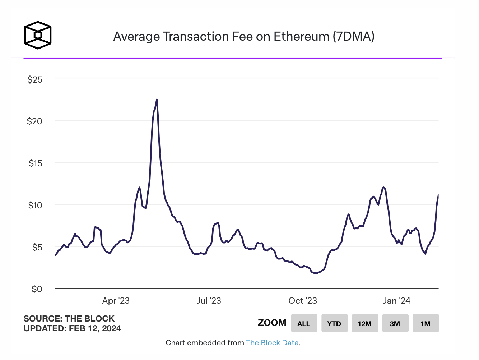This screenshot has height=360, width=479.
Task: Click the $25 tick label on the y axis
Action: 35,79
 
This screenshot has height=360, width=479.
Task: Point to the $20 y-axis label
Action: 34,121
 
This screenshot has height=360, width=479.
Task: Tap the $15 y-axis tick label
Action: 35,163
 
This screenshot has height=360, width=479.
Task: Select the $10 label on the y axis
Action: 35,206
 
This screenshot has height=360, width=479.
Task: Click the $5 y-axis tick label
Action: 37,247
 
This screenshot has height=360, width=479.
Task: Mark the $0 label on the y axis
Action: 37,289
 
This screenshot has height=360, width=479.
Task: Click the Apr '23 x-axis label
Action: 116,301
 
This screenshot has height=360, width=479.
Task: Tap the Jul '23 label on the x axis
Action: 209,301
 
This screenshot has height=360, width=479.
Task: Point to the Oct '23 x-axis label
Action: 303,301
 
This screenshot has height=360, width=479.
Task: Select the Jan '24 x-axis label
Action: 396,301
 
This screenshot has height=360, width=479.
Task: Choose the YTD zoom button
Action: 334,323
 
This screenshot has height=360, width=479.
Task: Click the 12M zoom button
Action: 364,323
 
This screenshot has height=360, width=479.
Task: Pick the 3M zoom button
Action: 395,323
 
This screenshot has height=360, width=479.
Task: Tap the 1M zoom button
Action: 425,323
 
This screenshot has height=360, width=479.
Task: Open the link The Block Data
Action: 272,343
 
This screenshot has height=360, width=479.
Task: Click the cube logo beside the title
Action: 38,35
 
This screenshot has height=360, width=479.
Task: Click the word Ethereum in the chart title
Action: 301,37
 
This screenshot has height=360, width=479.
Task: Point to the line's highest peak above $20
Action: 157,100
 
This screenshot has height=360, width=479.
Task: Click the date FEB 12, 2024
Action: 95,328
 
